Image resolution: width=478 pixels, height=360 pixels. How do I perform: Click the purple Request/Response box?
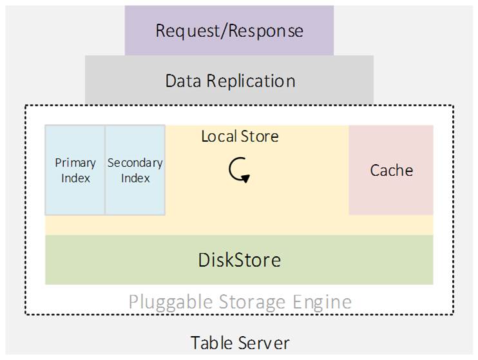229,30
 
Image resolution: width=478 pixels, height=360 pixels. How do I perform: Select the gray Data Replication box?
229,81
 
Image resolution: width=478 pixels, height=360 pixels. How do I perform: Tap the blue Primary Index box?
75,170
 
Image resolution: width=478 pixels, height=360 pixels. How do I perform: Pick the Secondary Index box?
135,170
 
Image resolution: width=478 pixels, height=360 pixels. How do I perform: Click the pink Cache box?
391,170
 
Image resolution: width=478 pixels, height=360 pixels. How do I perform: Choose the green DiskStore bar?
239,260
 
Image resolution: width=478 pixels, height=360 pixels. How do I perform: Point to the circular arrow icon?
239,170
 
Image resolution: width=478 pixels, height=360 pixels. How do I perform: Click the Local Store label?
240,137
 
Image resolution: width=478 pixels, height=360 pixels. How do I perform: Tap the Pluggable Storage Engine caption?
240,301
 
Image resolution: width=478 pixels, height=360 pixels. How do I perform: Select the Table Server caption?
240,343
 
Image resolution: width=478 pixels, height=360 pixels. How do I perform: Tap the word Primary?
75,163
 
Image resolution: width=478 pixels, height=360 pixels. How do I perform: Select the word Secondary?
135,163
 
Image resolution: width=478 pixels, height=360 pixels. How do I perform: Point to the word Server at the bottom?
262,343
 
